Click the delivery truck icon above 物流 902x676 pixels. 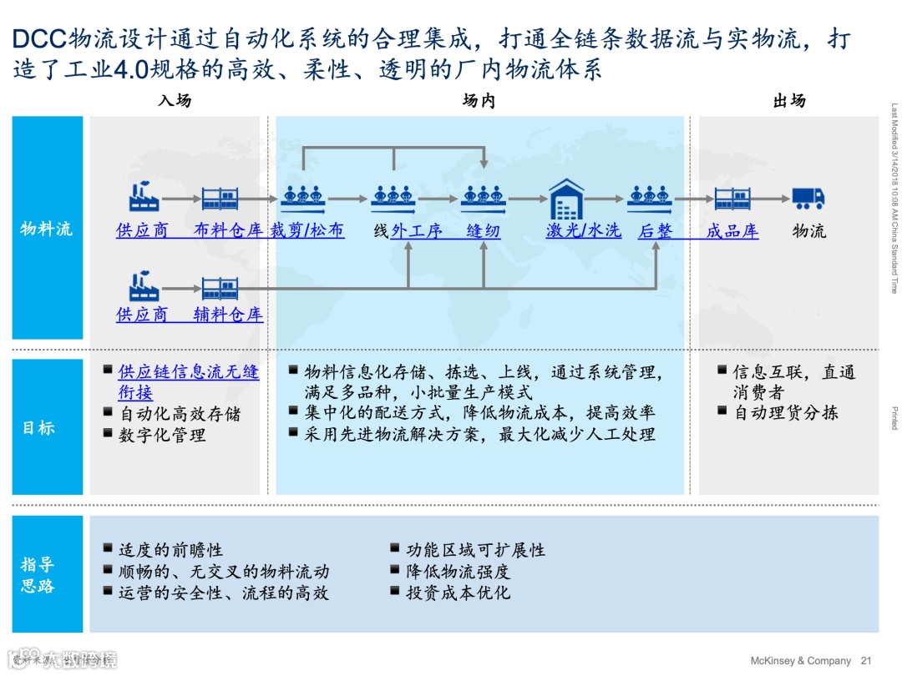808,198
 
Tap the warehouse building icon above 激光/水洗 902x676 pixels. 566,198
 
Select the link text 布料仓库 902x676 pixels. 228,230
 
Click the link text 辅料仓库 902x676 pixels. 228,315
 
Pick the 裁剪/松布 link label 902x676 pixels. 307,230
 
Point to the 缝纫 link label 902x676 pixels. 483,230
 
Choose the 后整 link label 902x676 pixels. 655,230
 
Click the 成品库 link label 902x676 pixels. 732,230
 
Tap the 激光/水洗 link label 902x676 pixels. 584,230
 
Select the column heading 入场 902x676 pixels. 174,100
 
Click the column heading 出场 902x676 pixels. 788,100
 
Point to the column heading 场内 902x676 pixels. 479,100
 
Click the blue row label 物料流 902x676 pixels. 47,228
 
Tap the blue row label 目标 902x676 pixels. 38,427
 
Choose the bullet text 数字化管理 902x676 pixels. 162,435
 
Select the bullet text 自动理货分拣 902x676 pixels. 785,412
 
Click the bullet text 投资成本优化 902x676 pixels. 458,593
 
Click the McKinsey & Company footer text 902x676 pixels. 800,660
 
